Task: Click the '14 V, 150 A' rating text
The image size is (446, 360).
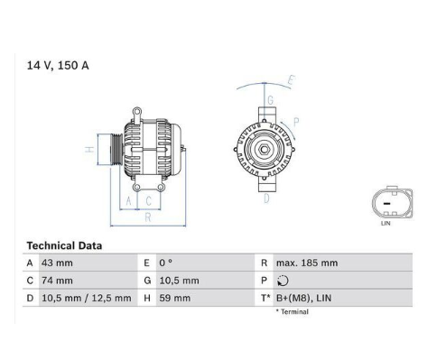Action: tap(58, 65)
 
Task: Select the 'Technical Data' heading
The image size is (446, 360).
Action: tap(64, 245)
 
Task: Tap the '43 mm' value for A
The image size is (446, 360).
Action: tap(57, 263)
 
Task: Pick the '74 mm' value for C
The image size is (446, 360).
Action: tap(57, 281)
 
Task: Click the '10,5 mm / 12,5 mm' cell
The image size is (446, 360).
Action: tap(87, 298)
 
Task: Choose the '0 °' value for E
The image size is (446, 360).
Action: tap(166, 263)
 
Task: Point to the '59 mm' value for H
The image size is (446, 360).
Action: tap(175, 298)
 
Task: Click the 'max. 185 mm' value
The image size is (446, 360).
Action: tap(307, 263)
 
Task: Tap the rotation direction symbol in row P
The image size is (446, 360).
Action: tap(283, 281)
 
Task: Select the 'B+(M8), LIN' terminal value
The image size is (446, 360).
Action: tap(303, 298)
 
